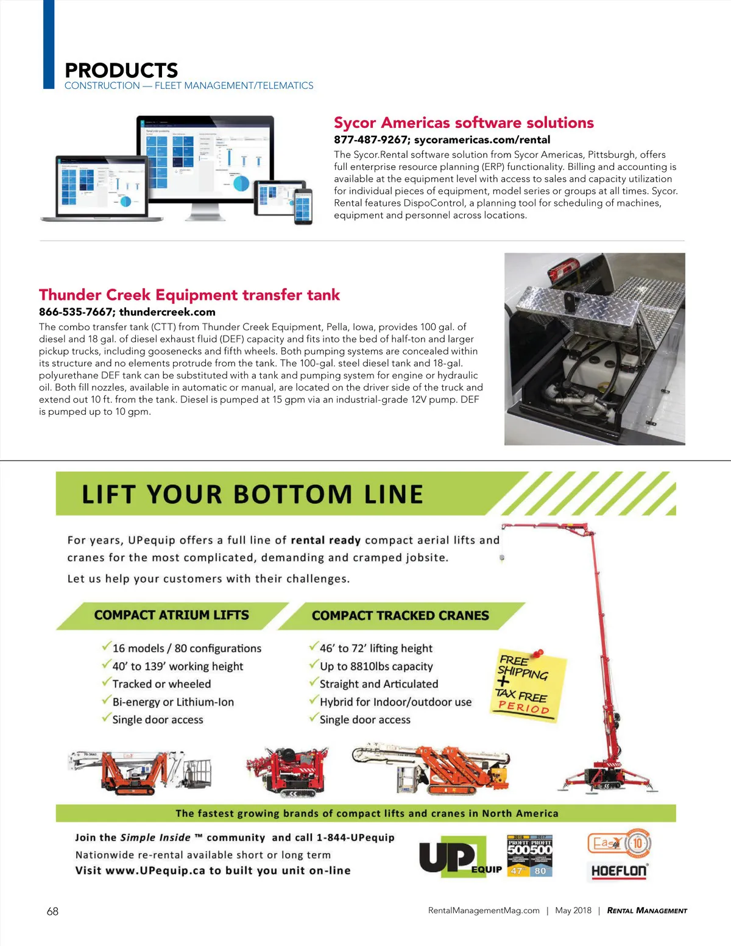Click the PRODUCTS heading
(121, 70)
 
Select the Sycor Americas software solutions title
(464, 122)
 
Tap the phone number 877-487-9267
(370, 139)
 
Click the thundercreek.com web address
(167, 312)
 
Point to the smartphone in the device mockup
(303, 206)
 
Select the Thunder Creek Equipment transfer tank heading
(189, 295)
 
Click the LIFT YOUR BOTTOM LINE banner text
(252, 494)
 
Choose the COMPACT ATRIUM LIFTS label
(171, 615)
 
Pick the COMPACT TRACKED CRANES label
(400, 616)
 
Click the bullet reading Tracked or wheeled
(161, 684)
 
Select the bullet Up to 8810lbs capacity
(376, 666)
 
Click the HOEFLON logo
(618, 870)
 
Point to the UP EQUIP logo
(457, 856)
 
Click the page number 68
(53, 911)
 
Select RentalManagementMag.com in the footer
(484, 911)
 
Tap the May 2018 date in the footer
(573, 911)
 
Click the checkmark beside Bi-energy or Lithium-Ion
(107, 701)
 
